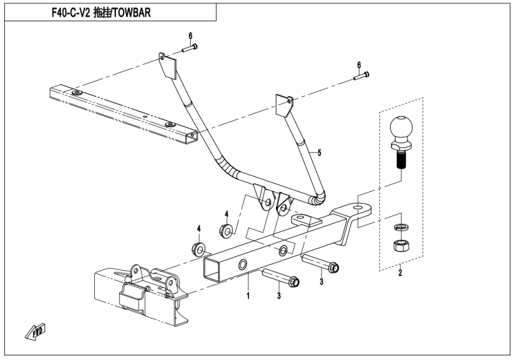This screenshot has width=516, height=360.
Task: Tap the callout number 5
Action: (x=319, y=153)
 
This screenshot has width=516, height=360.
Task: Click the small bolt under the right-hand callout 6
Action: (x=361, y=76)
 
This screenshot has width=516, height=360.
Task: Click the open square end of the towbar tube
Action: (x=214, y=269)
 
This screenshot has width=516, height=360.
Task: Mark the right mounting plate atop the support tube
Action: (x=283, y=106)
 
